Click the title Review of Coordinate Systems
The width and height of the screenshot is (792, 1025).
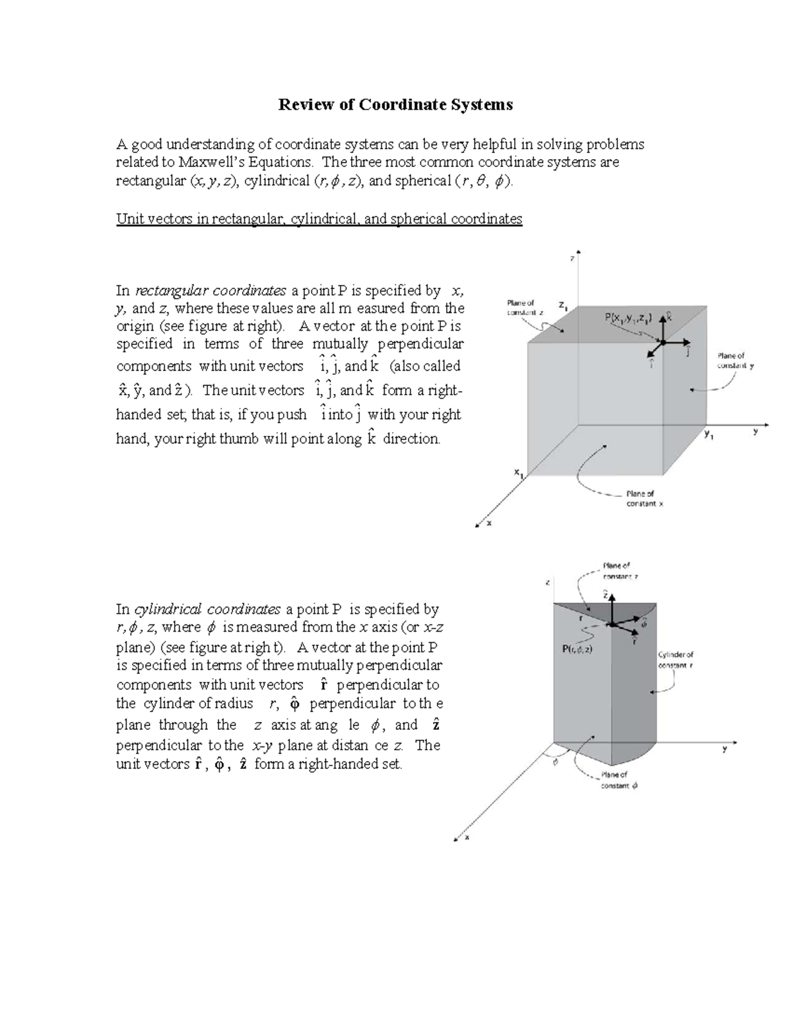(x=395, y=104)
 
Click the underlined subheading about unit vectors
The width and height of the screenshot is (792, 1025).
(x=319, y=218)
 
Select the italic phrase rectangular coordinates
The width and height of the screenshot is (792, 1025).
(x=211, y=290)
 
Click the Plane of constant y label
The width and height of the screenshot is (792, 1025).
(x=731, y=360)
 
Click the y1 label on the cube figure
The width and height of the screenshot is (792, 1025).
(x=709, y=434)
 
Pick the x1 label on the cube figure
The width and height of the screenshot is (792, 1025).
(x=519, y=473)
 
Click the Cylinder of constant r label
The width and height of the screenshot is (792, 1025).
(x=675, y=660)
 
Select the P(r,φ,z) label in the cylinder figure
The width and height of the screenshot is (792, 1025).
(x=577, y=649)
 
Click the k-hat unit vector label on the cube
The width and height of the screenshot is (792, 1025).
(x=670, y=316)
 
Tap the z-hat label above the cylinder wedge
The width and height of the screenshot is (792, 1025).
(x=606, y=594)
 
